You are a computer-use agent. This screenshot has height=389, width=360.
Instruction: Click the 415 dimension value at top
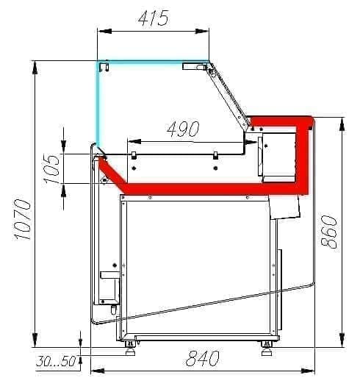[x=154, y=18]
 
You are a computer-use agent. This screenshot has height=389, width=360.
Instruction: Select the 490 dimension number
[x=183, y=129]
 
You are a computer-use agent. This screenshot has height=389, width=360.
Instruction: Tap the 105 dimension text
[x=52, y=168]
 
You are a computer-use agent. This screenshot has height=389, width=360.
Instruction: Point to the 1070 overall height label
[x=22, y=220]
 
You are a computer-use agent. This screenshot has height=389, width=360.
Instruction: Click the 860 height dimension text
[x=329, y=232]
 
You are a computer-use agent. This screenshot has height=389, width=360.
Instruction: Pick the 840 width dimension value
[x=203, y=358]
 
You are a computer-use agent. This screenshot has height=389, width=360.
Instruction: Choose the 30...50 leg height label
[x=56, y=361]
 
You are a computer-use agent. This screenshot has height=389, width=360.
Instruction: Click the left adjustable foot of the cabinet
[x=131, y=348]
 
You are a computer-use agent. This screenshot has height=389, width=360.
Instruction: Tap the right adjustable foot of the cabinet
[x=267, y=348]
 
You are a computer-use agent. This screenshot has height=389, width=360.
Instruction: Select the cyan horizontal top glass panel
[x=153, y=62]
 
